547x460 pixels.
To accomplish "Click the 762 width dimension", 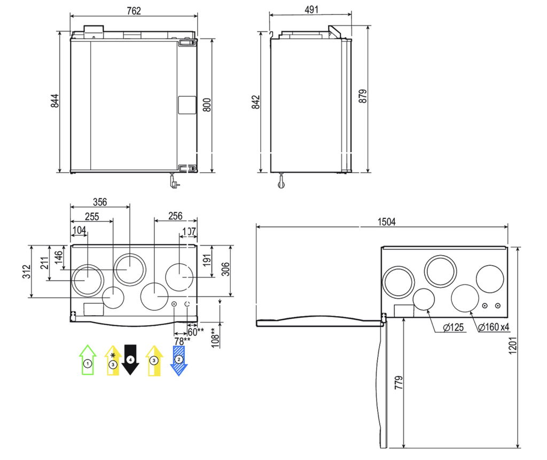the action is click(x=134, y=11).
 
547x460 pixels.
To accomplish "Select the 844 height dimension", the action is click(x=55, y=101).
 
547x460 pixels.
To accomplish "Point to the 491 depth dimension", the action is click(x=311, y=10).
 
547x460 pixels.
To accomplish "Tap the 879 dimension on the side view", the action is click(x=363, y=96).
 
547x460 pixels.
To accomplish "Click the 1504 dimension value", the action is click(x=387, y=222).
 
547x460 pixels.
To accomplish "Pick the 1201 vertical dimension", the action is click(x=513, y=346).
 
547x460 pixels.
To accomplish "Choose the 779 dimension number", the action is click(x=398, y=383).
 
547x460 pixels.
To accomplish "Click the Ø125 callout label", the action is click(x=453, y=328).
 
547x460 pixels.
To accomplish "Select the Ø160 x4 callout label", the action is click(x=494, y=327).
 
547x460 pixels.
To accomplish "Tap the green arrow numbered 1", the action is click(x=88, y=360).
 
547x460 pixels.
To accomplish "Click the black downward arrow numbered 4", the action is click(x=130, y=360).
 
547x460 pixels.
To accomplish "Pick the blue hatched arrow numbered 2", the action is click(x=178, y=361).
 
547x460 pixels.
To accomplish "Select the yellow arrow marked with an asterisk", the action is click(x=113, y=361).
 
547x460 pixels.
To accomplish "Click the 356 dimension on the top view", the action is click(x=100, y=202).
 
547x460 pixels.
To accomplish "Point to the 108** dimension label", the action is click(x=215, y=338).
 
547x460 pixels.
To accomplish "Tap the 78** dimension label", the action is click(x=183, y=341).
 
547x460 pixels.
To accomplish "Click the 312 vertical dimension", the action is click(x=27, y=272).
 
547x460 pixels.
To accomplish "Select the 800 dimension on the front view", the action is click(x=207, y=105).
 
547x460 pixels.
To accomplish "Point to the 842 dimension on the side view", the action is click(x=256, y=102).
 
